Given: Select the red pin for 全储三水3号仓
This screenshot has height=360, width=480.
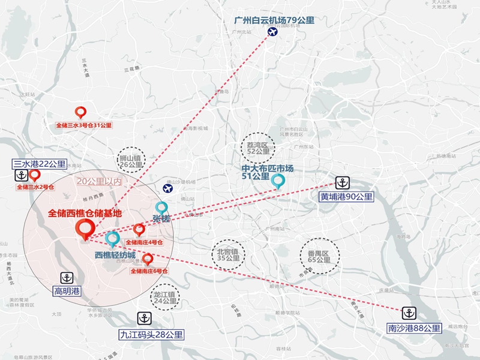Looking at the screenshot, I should (80, 112).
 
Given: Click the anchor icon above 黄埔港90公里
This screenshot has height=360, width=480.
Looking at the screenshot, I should (342, 182).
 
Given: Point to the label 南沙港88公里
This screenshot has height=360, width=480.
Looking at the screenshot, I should (413, 328).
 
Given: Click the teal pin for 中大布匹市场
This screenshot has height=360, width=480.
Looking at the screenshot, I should (278, 181).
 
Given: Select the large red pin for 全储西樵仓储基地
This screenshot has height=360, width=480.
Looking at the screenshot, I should (83, 229).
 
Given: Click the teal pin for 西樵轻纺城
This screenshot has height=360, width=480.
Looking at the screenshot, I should (112, 239).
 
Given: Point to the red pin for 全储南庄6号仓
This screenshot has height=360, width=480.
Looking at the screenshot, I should (148, 259).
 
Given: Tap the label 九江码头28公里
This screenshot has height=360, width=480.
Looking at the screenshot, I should (151, 334).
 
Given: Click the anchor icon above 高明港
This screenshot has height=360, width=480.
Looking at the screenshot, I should (67, 278).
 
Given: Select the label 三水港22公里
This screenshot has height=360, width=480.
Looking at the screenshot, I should (40, 164).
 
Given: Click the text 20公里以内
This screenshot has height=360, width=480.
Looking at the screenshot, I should (99, 181).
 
